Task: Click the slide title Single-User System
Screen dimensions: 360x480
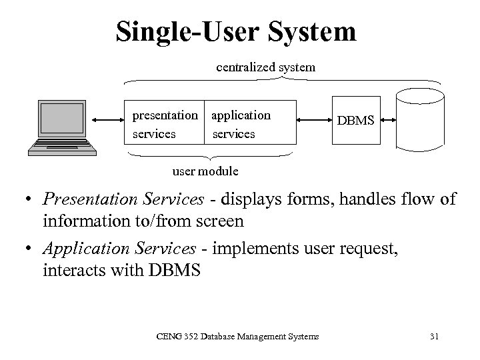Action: (235, 31)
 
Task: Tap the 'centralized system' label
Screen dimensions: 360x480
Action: (265, 67)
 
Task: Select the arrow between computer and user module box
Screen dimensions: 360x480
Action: (107, 121)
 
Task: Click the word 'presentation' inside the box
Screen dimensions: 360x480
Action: (165, 115)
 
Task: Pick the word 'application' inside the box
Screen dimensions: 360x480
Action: (241, 115)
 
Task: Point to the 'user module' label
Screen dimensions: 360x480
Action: (205, 171)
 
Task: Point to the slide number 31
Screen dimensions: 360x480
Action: (434, 337)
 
